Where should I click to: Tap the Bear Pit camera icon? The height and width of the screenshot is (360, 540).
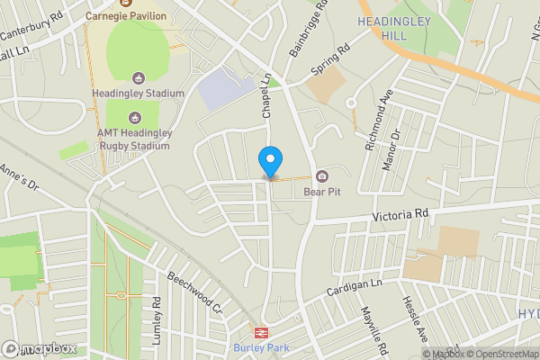321,175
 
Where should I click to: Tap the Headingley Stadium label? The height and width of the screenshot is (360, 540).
138,93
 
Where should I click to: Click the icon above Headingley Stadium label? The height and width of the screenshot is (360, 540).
138,77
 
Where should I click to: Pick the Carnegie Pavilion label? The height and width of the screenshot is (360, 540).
126,15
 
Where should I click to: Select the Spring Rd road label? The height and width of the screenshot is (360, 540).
330,60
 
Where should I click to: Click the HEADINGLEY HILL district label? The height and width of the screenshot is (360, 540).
393,29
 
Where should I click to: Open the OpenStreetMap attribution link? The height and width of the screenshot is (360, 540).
501,354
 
